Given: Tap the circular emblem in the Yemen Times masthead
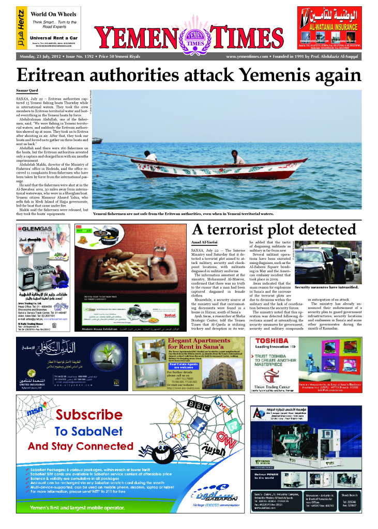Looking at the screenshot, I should click(x=195, y=37).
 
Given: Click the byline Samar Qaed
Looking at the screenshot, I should click(x=26, y=91).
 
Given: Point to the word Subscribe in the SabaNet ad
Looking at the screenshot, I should click(x=89, y=414).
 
